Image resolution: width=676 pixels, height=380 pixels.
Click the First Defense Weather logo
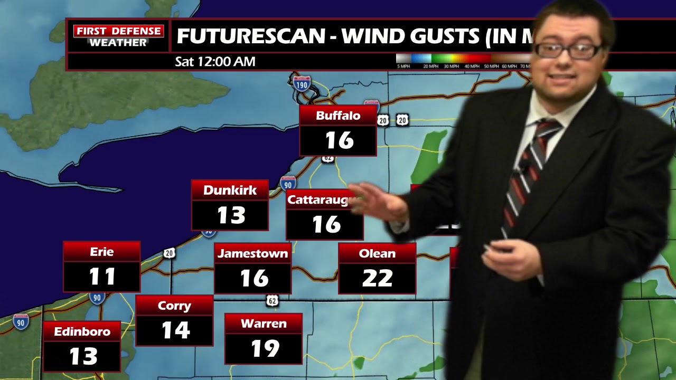118,36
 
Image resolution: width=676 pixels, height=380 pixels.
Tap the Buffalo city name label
338,116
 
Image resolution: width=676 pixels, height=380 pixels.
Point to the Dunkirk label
230,190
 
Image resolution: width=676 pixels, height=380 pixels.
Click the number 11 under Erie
102,277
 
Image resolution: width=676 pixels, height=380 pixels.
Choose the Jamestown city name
252,253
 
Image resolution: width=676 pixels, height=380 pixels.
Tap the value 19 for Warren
264,348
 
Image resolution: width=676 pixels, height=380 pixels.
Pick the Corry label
174,306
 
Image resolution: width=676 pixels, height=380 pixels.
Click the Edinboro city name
82,331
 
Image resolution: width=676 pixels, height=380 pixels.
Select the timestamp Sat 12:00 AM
215,62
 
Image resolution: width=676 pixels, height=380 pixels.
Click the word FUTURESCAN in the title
251,36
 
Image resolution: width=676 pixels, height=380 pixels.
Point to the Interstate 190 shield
302,83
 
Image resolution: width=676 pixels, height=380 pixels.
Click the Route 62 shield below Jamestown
272,301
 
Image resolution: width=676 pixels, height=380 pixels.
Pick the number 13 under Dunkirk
231,215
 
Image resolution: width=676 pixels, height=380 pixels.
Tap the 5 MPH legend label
403,66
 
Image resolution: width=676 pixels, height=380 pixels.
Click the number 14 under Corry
175,330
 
